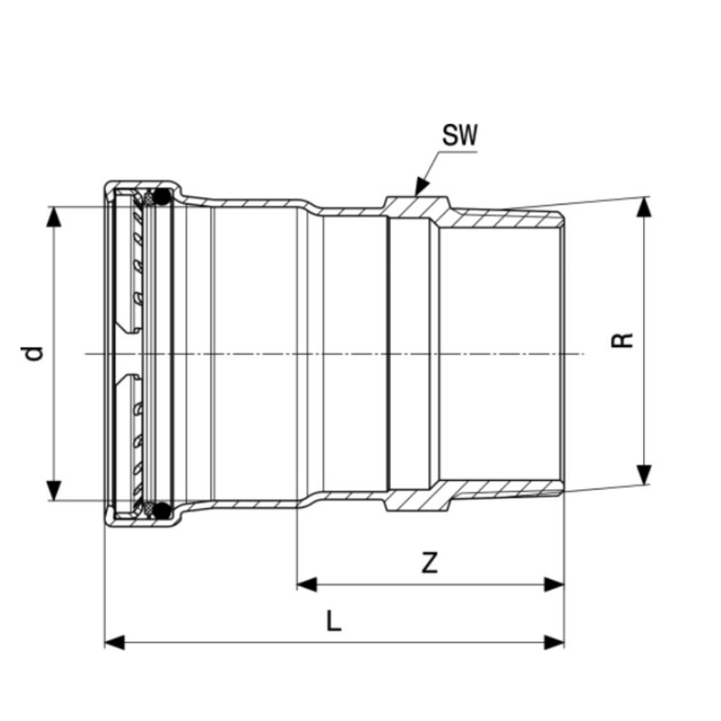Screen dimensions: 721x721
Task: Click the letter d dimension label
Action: click(32, 353)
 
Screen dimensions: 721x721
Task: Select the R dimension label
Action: click(623, 340)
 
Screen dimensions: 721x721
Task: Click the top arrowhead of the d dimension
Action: click(54, 216)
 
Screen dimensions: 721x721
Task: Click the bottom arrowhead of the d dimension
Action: click(54, 490)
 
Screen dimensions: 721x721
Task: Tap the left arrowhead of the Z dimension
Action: click(306, 584)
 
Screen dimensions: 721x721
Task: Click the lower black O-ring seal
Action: click(161, 510)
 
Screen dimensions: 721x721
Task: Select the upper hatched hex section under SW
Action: click(416, 205)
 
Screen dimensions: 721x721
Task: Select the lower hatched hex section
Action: click(416, 500)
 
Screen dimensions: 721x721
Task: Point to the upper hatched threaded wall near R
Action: click(500, 217)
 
